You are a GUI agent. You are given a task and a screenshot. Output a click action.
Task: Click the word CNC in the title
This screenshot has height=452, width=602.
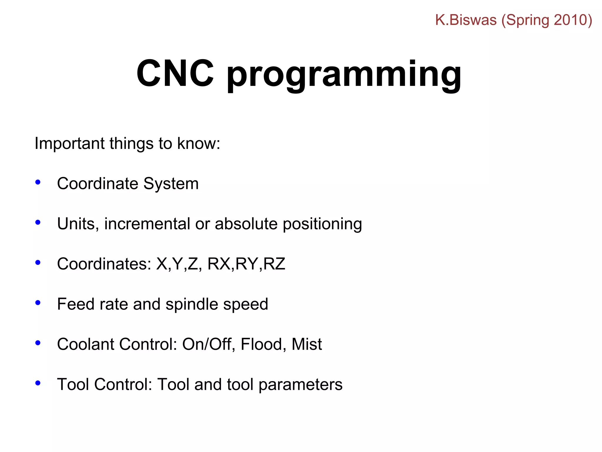coord(175,74)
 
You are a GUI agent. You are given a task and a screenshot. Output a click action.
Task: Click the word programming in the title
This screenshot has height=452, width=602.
coord(344,75)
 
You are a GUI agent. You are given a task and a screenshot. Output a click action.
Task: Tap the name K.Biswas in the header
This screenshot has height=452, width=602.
coord(466,20)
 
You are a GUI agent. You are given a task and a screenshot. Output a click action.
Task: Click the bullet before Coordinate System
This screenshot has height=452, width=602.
coord(38,182)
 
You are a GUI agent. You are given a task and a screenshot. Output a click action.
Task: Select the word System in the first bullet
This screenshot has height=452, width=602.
coord(171,184)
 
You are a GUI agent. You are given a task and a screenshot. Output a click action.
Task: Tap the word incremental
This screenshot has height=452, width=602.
coord(147,224)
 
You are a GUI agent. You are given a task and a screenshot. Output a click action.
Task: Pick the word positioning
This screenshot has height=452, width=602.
coord(322,224)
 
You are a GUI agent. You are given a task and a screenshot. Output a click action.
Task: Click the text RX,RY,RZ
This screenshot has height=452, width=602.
coord(246,264)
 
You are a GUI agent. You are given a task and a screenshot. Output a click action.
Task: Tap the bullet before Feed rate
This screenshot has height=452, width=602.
coord(38,303)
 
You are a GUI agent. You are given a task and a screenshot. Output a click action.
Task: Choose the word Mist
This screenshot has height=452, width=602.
coord(307,344)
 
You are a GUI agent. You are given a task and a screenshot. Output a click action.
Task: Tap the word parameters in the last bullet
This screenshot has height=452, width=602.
coord(300,385)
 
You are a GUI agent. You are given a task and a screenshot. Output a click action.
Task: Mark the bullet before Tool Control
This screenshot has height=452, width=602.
coord(38,383)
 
